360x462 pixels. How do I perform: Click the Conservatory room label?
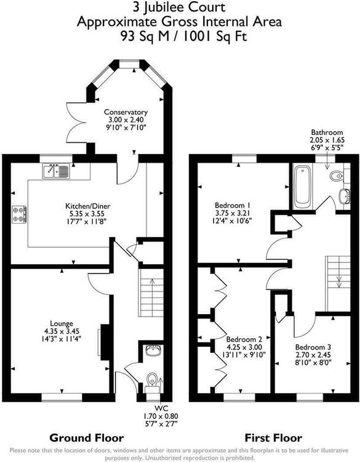126,112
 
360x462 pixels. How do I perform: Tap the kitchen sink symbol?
56,171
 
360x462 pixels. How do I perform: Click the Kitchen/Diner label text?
88,206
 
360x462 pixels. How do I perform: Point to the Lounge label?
62,323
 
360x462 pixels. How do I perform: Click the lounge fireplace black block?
105,342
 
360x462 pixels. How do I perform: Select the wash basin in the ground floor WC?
153,351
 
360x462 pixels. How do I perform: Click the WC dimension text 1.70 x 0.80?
161,416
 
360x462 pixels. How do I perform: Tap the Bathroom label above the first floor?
327,132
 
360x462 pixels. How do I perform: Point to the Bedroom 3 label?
313,347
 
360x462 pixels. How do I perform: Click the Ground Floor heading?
87,438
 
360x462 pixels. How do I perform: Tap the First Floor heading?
273,438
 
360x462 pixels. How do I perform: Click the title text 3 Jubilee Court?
179,7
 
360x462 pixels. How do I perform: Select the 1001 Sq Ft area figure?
215,36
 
